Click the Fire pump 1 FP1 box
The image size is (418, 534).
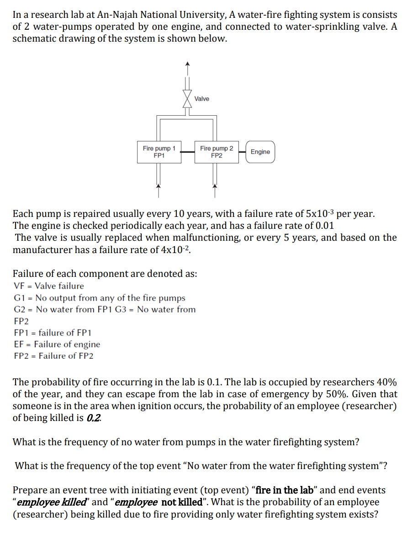coord(159,152)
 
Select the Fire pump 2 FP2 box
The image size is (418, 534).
coord(217,152)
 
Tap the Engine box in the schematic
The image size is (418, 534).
coord(260,152)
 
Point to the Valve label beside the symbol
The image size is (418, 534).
coord(201,99)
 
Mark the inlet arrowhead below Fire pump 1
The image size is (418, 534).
coord(159,186)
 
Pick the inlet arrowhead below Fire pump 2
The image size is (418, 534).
coord(215,186)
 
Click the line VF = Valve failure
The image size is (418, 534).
coord(49,286)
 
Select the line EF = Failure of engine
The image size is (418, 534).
coord(57,344)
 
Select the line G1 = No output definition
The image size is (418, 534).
coord(100,298)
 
